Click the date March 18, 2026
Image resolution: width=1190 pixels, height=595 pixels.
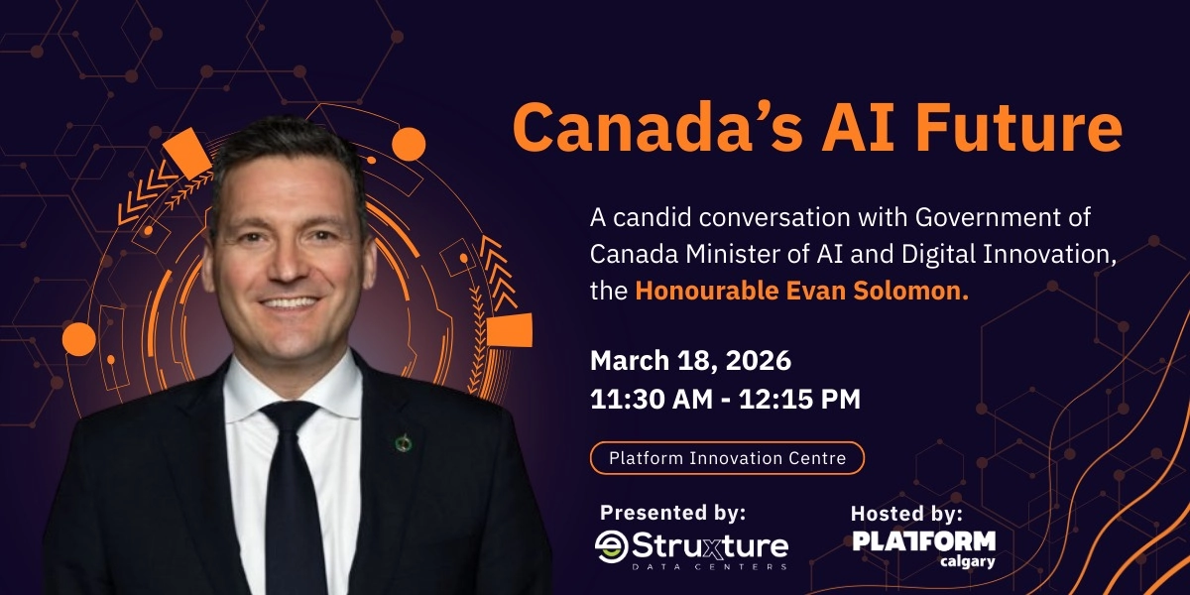tap(690, 360)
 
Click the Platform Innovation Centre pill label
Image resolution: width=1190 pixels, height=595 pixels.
tap(727, 458)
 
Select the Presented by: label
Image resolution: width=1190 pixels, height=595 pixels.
tap(672, 513)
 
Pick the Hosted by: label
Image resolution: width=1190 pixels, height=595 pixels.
tap(906, 514)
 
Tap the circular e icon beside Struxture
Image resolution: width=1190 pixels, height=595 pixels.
tap(610, 545)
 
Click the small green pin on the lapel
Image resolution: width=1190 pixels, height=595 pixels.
tap(404, 442)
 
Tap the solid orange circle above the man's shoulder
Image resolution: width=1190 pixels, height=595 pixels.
tap(409, 145)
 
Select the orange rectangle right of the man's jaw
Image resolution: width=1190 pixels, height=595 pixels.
tap(510, 330)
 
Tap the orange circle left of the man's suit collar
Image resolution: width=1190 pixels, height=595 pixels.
tap(79, 339)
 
